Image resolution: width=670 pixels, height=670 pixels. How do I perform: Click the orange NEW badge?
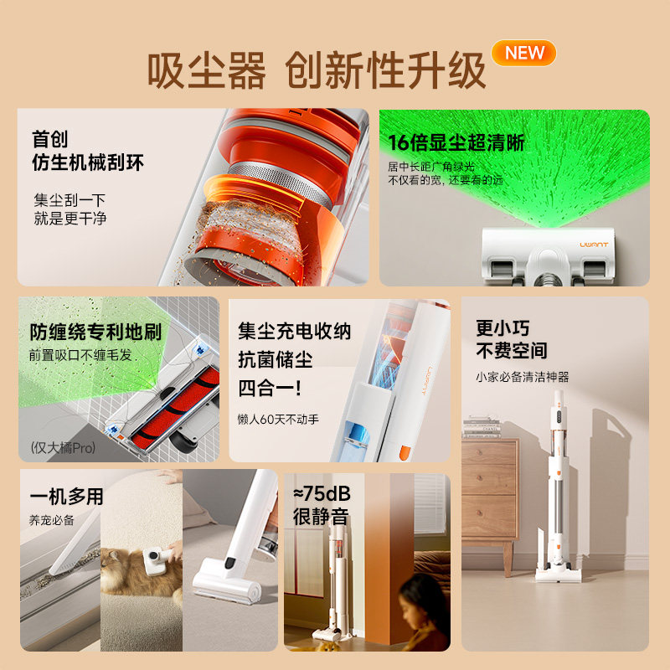coord(524,53)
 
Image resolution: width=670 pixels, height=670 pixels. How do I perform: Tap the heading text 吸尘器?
coord(206,71)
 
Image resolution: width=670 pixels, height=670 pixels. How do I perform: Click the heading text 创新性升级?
coord(386,72)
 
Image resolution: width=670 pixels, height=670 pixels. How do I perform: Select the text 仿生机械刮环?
coord(88,162)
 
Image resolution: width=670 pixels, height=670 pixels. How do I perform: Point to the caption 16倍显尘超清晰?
coord(456,142)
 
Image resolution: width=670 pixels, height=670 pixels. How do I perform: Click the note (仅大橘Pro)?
coord(63,447)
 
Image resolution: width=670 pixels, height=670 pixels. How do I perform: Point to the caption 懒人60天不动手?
coord(278,419)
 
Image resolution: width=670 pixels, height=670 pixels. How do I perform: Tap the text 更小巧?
coord(502,328)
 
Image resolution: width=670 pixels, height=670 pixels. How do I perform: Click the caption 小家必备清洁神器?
coord(523,377)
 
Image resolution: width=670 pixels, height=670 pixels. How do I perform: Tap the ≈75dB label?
coord(321,492)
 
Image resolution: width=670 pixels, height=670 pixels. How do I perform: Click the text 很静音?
coord(320,517)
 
